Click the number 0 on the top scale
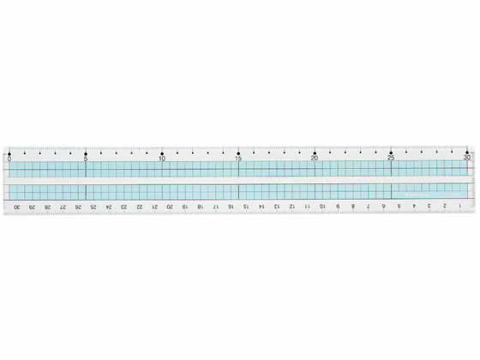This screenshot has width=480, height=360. (9, 159)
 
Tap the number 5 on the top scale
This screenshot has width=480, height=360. (86, 159)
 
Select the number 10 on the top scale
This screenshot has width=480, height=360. (162, 159)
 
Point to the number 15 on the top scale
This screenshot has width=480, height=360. (238, 159)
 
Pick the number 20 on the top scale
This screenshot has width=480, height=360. (315, 159)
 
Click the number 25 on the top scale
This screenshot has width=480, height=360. (391, 159)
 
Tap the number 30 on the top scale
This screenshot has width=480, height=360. (467, 159)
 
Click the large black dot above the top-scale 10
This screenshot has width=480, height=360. (162, 153)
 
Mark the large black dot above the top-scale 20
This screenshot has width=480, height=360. (315, 153)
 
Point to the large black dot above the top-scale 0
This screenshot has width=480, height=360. (9, 153)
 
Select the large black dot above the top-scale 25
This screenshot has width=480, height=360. (391, 153)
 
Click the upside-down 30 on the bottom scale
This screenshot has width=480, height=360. (17, 207)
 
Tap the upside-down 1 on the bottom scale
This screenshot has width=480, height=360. (460, 207)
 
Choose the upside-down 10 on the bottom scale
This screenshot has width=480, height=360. (322, 207)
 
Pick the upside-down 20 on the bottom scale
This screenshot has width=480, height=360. (170, 207)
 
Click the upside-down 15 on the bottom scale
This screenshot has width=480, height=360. (246, 207)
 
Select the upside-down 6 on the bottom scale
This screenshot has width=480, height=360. (383, 207)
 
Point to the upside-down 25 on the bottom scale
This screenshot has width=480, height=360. (93, 207)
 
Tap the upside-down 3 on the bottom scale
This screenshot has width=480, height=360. (429, 207)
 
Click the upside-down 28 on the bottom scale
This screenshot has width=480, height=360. (48, 207)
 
